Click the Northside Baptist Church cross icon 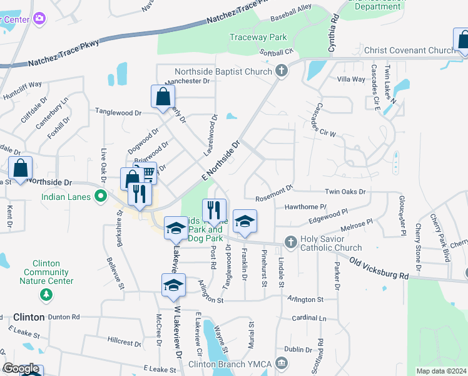click(x=282, y=71)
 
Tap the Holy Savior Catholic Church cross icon click(x=290, y=242)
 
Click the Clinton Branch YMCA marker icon click(x=282, y=362)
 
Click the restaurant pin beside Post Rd click(x=214, y=210)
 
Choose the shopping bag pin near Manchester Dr click(x=163, y=97)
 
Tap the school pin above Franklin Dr click(x=245, y=221)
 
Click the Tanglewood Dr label click(x=118, y=112)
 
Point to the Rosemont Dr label click(x=273, y=189)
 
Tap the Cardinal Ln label click(x=305, y=318)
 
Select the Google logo click(x=21, y=368)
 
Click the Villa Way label click(x=351, y=80)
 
